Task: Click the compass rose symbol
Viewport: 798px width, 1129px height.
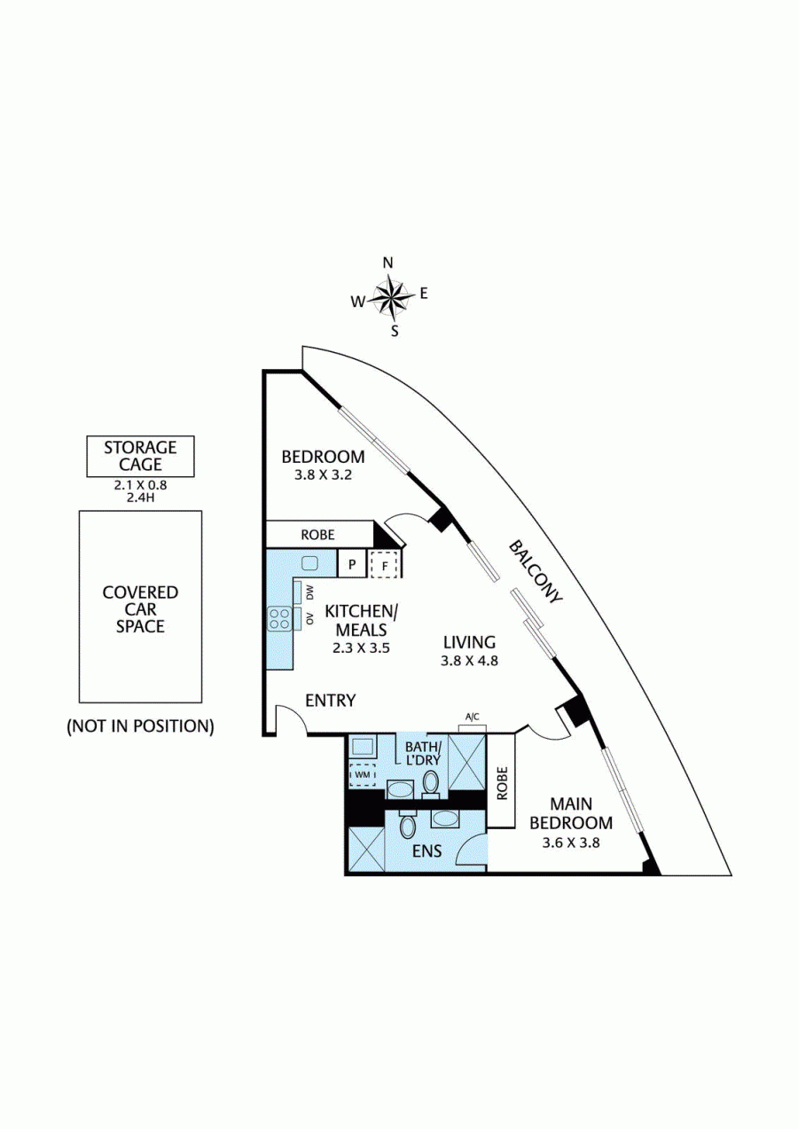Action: pos(390,297)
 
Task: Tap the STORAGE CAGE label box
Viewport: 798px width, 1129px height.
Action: pos(140,456)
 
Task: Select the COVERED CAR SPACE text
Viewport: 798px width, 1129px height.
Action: pos(140,608)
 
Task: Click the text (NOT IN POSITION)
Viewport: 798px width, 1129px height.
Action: pos(140,725)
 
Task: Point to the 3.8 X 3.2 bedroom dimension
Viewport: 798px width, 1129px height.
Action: pos(323,474)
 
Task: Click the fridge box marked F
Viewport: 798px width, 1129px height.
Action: pos(384,564)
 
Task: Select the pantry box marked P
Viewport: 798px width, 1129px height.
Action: pos(351,564)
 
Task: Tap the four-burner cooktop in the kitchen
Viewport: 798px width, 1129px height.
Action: pos(280,617)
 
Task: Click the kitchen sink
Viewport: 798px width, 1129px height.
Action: pos(309,562)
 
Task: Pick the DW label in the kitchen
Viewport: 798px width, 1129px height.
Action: pos(309,592)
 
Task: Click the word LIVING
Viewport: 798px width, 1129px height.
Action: pos(469,642)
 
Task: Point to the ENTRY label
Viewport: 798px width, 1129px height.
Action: pos(330,701)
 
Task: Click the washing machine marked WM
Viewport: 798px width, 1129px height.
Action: pos(363,774)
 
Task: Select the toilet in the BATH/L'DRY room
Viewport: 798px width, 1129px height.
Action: pos(432,782)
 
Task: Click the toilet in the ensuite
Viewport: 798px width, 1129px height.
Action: pos(408,826)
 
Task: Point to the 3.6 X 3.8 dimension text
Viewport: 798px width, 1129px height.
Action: pos(571,843)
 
